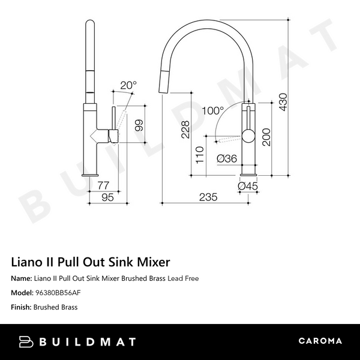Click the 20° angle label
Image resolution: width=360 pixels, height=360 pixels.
(x=128, y=86)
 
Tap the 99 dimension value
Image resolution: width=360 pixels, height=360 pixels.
(x=139, y=125)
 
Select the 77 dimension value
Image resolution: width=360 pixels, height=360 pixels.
(x=103, y=185)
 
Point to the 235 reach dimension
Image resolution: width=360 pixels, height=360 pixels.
(x=208, y=197)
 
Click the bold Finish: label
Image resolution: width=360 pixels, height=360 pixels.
(x=21, y=307)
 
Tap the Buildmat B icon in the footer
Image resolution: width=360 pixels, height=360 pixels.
(x=27, y=341)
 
